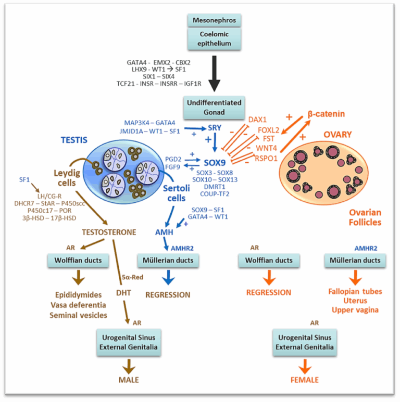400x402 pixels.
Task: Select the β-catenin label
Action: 326,113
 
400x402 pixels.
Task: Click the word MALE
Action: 128,380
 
